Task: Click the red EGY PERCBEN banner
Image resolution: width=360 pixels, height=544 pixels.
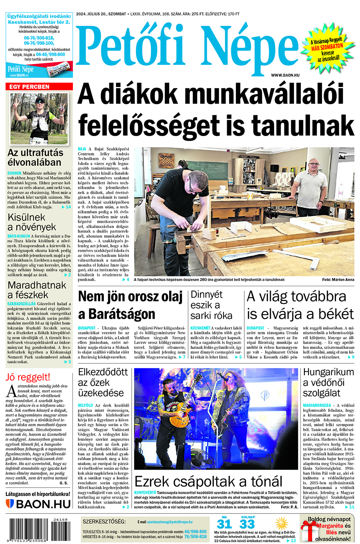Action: click(x=39, y=86)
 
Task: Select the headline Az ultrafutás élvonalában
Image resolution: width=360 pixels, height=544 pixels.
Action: click(x=35, y=158)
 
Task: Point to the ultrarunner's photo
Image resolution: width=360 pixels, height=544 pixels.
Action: click(x=39, y=118)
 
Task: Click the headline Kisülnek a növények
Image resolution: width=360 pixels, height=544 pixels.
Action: click(x=32, y=222)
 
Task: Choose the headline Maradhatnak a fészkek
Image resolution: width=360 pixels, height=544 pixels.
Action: click(x=37, y=290)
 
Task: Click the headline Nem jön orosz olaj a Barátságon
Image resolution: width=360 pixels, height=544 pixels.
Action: click(x=130, y=305)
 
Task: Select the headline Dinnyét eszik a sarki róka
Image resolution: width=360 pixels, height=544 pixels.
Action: click(x=211, y=305)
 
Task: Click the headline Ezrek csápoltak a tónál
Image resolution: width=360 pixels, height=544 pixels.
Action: click(x=208, y=481)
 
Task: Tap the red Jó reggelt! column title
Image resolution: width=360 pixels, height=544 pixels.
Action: click(x=28, y=377)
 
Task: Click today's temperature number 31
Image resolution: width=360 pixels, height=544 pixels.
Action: click(x=224, y=524)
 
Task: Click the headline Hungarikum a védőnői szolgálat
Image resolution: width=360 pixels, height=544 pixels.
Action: click(x=328, y=382)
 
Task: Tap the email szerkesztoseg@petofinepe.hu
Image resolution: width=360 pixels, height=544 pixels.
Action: click(x=170, y=522)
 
